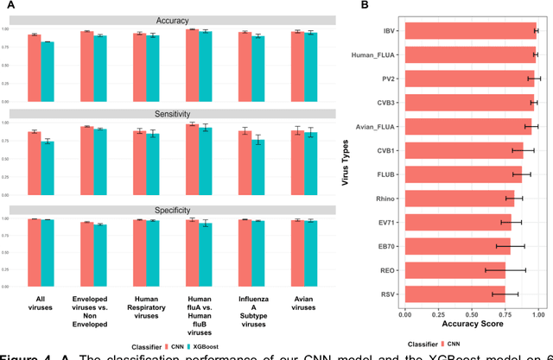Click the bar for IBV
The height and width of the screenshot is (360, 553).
point(470,32)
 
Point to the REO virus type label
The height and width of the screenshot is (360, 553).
point(387,270)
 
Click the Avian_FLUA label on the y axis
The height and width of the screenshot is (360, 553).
point(375,127)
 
